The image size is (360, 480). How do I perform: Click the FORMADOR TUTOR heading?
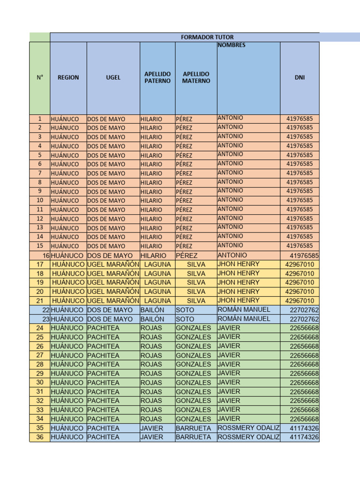coord(207,37)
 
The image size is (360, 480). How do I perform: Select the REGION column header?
coord(68,77)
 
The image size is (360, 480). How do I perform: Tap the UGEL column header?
coord(113,77)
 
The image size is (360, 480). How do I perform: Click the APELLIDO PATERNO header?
coord(157,77)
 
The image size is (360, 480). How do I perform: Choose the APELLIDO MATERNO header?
coord(196,77)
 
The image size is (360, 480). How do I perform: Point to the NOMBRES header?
coord(231,45)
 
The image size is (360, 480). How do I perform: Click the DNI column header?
coord(300,77)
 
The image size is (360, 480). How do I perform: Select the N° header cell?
coord(40,77)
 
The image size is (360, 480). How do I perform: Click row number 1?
coord(40,119)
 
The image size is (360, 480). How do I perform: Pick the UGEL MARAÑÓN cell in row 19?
coord(113,283)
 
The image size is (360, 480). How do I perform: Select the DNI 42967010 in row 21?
coord(300,300)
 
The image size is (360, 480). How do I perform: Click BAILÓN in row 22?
coord(152,310)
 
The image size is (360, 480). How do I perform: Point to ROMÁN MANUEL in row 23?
coord(244,319)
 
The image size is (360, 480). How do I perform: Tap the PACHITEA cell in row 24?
coord(103,328)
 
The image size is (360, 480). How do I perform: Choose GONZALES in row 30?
coord(193,382)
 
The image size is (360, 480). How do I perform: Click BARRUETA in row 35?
coord(193,428)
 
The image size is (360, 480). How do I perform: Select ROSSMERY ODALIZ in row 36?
coord(248,437)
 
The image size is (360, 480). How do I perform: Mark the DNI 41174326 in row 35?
coord(304,428)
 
